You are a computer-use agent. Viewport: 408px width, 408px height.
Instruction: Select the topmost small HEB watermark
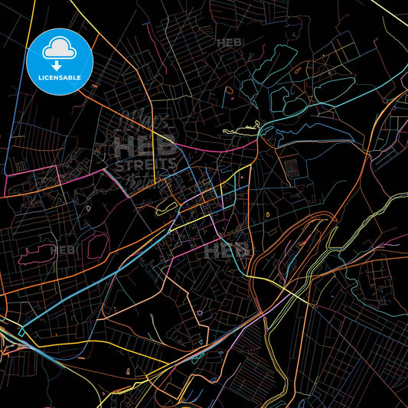230,43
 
